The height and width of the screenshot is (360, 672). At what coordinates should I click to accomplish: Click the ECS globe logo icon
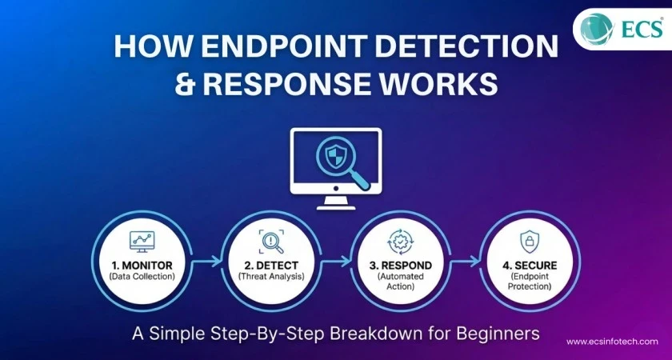pyautogui.click(x=598, y=30)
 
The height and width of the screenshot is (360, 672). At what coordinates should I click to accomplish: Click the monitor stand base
pyautogui.click(x=336, y=205)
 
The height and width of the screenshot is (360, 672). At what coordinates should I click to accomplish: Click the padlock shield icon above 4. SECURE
pyautogui.click(x=530, y=240)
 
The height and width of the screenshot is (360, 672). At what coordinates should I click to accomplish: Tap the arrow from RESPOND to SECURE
pyautogui.click(x=464, y=259)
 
